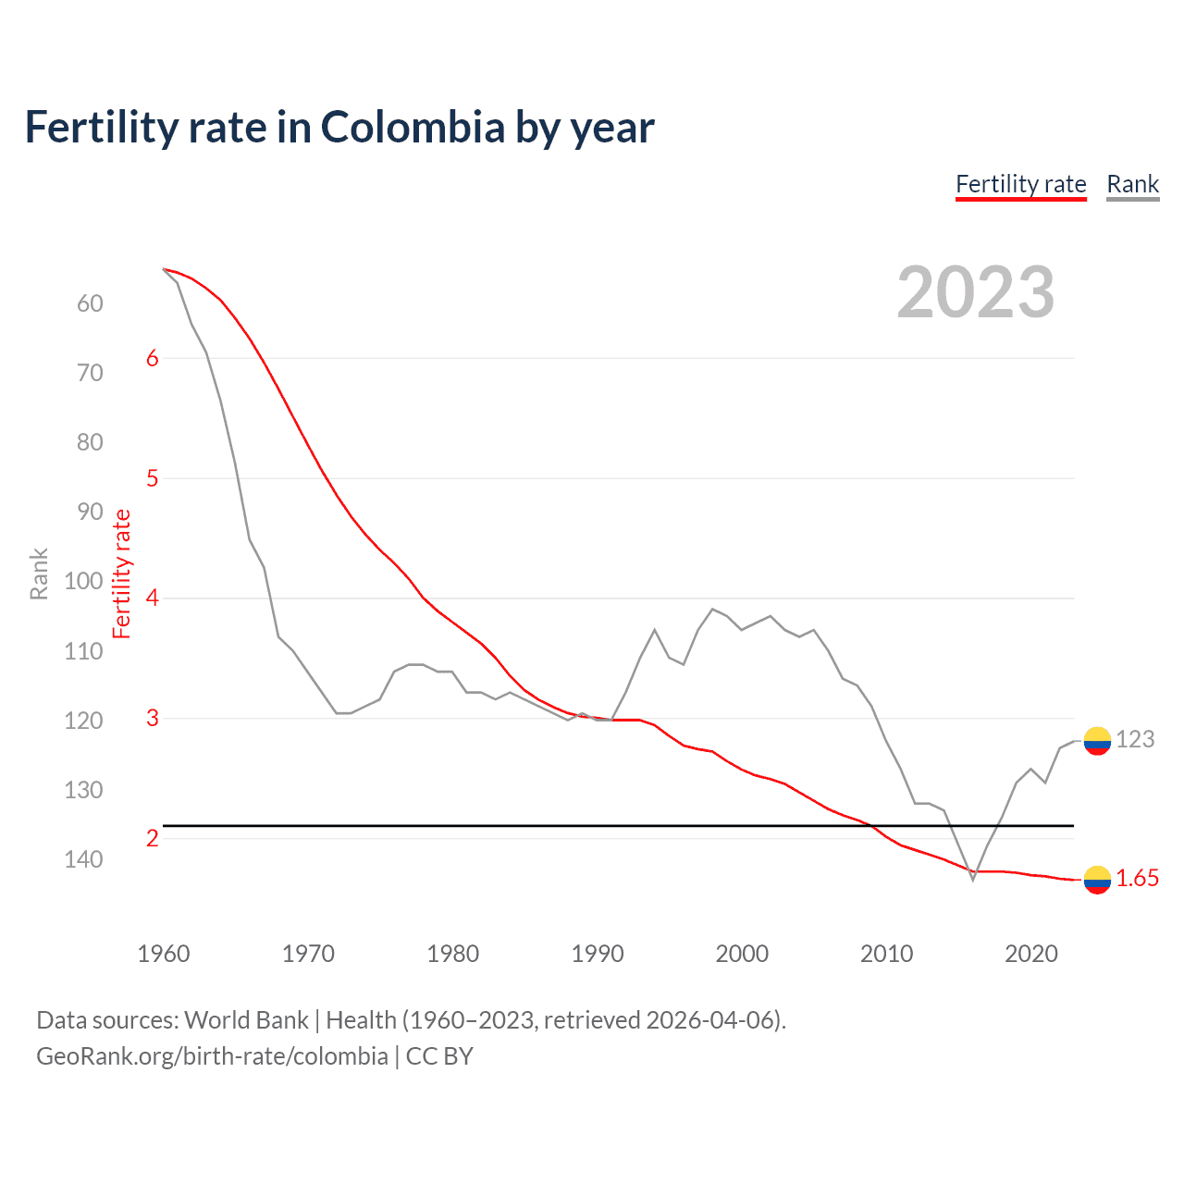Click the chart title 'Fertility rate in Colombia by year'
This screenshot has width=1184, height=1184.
point(339,128)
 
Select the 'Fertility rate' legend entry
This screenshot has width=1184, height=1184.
point(1020,184)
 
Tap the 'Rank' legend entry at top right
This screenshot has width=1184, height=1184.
point(1132,184)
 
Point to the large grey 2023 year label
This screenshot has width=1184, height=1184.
point(975,293)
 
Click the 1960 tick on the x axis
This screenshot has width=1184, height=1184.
point(163,954)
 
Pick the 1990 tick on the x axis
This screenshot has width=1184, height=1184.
point(598,954)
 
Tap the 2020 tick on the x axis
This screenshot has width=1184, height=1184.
point(1031,954)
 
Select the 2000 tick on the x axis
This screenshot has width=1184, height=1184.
point(742,954)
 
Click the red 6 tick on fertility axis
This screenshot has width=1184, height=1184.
point(153,358)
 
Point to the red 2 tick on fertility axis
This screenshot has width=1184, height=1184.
point(153,838)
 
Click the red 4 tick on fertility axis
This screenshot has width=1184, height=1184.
point(153,598)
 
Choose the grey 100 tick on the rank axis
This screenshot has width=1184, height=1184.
point(83,581)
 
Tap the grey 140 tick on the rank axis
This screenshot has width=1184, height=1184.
point(83,859)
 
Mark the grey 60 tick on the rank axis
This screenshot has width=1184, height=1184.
point(90,303)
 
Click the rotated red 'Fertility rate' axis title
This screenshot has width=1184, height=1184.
point(122,574)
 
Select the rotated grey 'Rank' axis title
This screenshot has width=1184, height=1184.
point(39,574)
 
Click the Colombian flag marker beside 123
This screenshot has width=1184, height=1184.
point(1097,740)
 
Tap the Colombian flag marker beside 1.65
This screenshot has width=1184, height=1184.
point(1097,880)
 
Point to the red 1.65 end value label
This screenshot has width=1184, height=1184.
point(1137,879)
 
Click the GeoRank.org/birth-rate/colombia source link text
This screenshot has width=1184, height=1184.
point(212,1056)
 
